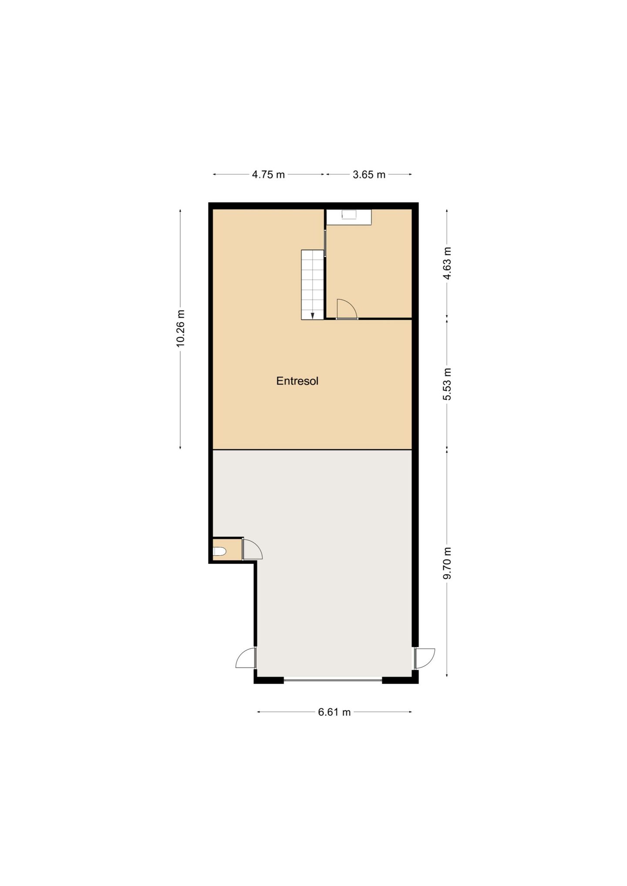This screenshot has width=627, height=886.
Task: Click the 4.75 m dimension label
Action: pyautogui.click(x=268, y=175)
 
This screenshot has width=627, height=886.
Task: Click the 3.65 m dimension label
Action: pyautogui.click(x=369, y=175)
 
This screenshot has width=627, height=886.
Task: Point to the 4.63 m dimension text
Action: pyautogui.click(x=447, y=264)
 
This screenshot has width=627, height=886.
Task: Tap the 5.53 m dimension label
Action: pyautogui.click(x=447, y=384)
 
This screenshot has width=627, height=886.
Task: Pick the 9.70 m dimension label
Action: pyautogui.click(x=447, y=563)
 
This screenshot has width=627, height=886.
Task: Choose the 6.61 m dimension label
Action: pyautogui.click(x=334, y=712)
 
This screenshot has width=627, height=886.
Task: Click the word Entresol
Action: pyautogui.click(x=297, y=381)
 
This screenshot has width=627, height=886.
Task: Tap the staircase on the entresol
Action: pyautogui.click(x=312, y=285)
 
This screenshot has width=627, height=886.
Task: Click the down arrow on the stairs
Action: pyautogui.click(x=312, y=315)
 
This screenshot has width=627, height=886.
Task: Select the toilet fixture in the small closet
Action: pyautogui.click(x=219, y=551)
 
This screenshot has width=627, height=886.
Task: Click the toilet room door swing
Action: pyautogui.click(x=252, y=550)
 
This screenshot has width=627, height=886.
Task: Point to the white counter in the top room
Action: pyautogui.click(x=349, y=217)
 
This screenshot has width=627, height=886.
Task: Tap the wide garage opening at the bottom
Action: pyautogui.click(x=333, y=678)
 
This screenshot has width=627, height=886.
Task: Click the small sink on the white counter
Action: pyautogui.click(x=349, y=215)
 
